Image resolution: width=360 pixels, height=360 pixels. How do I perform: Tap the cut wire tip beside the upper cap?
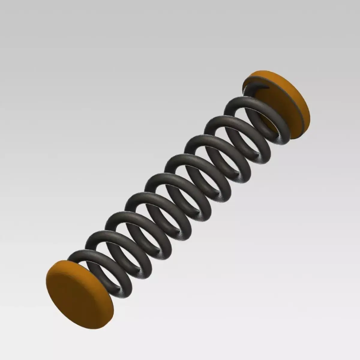[x=264, y=87]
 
